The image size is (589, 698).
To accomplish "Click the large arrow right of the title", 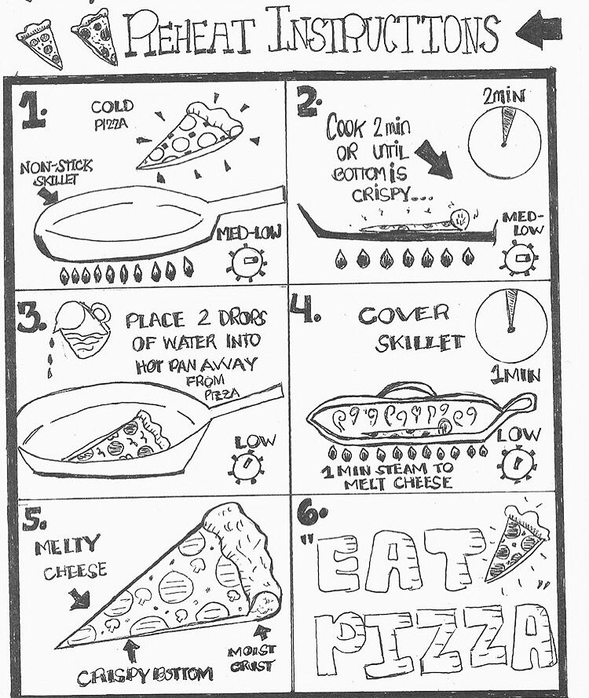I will (x=540, y=31).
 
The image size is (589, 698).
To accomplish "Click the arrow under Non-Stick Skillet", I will (x=47, y=195).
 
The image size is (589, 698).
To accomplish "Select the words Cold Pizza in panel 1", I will (x=112, y=115).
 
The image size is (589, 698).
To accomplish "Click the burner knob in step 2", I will (x=518, y=258).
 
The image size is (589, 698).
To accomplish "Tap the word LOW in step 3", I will (x=251, y=441).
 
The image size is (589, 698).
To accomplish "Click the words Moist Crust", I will (x=251, y=658).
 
